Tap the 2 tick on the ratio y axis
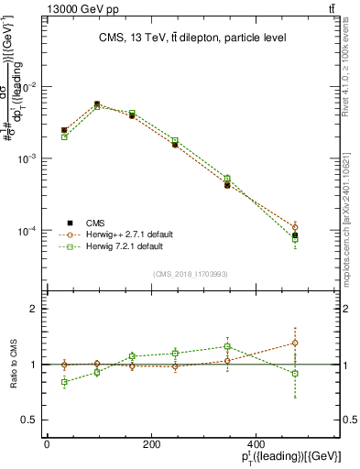click(x=31, y=309)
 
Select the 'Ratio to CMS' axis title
click(x=13, y=365)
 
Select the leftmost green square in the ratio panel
click(x=64, y=381)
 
